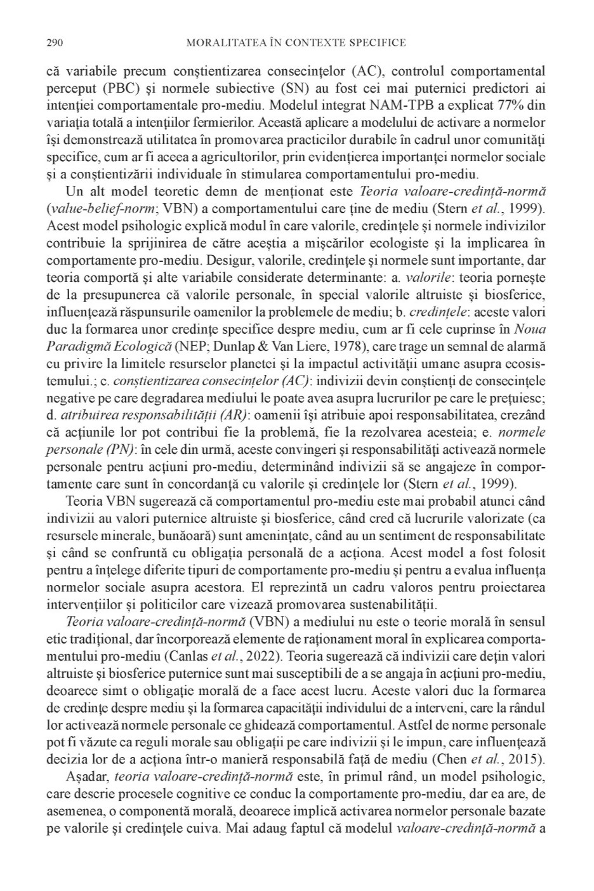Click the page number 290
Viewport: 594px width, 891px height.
54,43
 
